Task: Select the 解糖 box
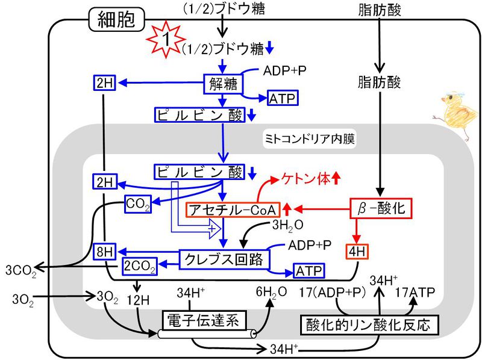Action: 223,84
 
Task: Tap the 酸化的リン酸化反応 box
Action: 368,325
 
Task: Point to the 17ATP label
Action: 414,293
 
